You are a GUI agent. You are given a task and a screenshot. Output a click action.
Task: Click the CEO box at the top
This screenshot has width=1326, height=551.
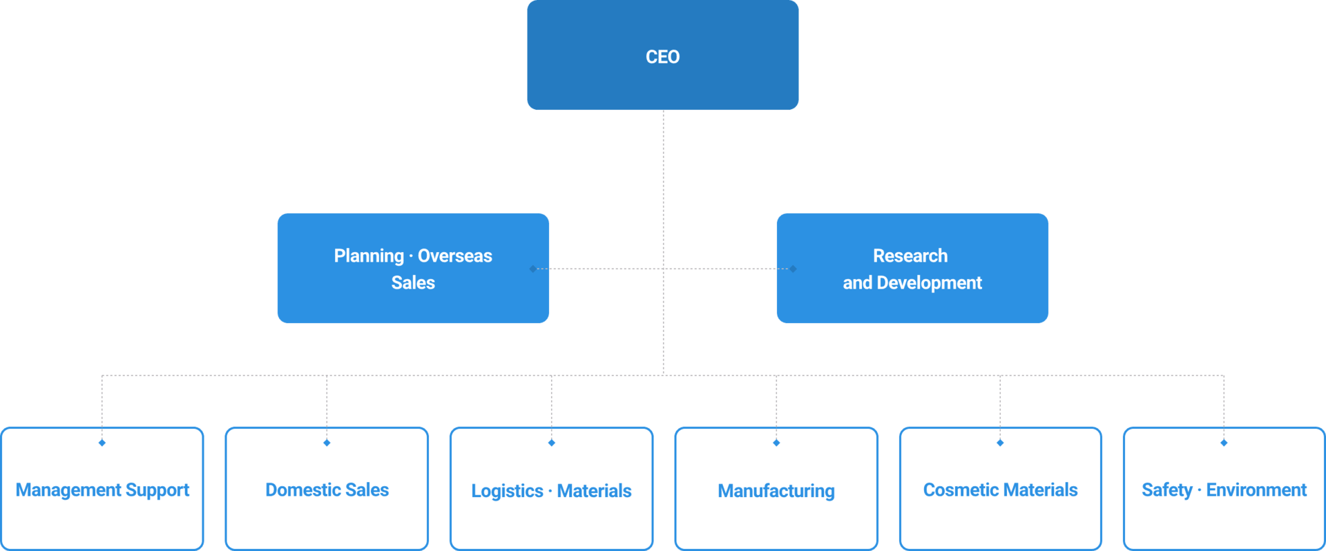662,55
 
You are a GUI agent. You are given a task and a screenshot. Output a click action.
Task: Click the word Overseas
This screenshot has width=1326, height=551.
454,256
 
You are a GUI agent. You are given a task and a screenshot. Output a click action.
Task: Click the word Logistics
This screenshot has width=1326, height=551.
507,491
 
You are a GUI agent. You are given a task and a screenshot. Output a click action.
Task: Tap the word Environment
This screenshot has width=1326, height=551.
1256,490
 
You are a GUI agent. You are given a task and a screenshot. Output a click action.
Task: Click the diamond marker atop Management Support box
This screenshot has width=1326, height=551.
102,443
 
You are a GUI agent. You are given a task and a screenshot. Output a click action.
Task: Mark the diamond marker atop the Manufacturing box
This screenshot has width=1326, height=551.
776,443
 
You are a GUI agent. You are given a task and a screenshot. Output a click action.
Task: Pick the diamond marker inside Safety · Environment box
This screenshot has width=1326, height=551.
1224,443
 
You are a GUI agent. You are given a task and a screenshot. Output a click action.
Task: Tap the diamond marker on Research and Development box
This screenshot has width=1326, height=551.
794,269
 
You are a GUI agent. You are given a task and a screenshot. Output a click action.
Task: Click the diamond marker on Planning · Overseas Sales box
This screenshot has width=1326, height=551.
532,269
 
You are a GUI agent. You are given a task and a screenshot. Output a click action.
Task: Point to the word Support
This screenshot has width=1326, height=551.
157,490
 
